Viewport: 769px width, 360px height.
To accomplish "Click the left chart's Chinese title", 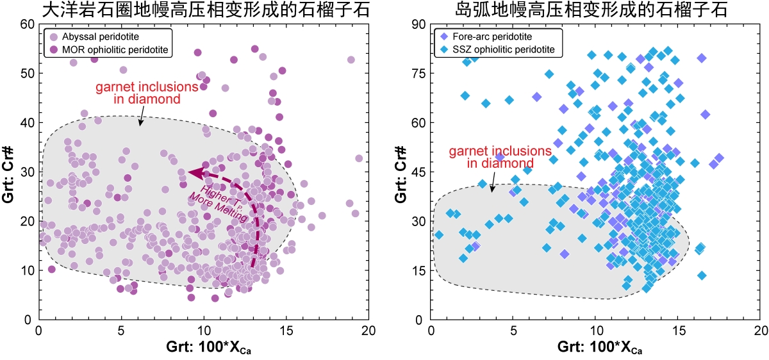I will point(203,10).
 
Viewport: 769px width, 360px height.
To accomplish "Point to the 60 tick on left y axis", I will point(26,24).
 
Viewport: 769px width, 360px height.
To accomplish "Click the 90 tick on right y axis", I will point(417,24).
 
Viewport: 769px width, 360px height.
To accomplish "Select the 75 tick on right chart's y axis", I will point(417,74).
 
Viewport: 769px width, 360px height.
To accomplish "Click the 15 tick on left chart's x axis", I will point(286,330).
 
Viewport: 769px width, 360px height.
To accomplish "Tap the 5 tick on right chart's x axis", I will point(513,330).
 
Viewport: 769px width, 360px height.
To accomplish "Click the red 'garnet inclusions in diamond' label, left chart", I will point(138,94).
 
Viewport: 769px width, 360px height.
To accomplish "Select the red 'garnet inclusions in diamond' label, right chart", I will point(500,157).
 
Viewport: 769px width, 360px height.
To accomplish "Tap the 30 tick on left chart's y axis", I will point(26,172).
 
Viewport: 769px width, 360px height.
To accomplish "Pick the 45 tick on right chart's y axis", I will point(417,172).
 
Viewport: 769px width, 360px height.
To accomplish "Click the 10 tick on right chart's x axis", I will point(595,330).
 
